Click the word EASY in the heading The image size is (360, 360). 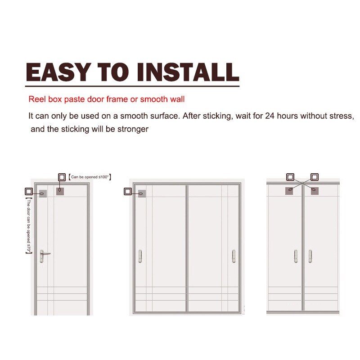pos(57,72)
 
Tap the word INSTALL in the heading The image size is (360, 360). pos(188,72)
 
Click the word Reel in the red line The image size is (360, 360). pos(37,99)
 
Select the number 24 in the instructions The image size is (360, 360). pos(270,116)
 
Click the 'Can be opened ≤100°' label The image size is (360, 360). pos(90,177)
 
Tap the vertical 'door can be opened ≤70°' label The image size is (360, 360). pos(29,226)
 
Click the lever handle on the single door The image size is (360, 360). pos(44,256)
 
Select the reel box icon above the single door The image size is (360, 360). pos(62,177)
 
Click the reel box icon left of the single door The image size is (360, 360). pos(29,191)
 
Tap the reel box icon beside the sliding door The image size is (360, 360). pos(128,191)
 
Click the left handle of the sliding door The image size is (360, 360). pos(140,256)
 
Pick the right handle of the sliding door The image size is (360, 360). pos(234,256)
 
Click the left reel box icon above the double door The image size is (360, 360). pos(290,177)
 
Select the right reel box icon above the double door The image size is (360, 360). pos(314,177)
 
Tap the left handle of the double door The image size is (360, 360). pos(296,256)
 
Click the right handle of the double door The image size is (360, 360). pos(310,256)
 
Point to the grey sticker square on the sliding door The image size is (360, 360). pos(142,193)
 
